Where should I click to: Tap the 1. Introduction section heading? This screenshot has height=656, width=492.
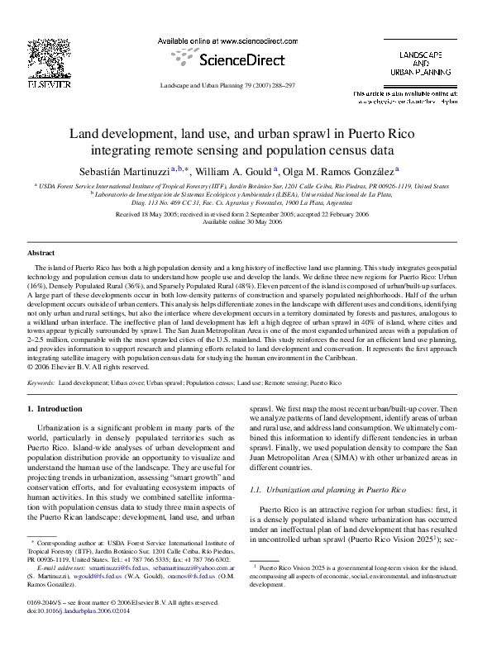pyautogui.click(x=55, y=408)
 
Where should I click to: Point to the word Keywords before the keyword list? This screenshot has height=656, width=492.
pyautogui.click(x=41, y=383)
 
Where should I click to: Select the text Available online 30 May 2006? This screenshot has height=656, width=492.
pyautogui.click(x=246, y=222)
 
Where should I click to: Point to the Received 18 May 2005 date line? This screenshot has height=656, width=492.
pyautogui.click(x=246, y=214)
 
